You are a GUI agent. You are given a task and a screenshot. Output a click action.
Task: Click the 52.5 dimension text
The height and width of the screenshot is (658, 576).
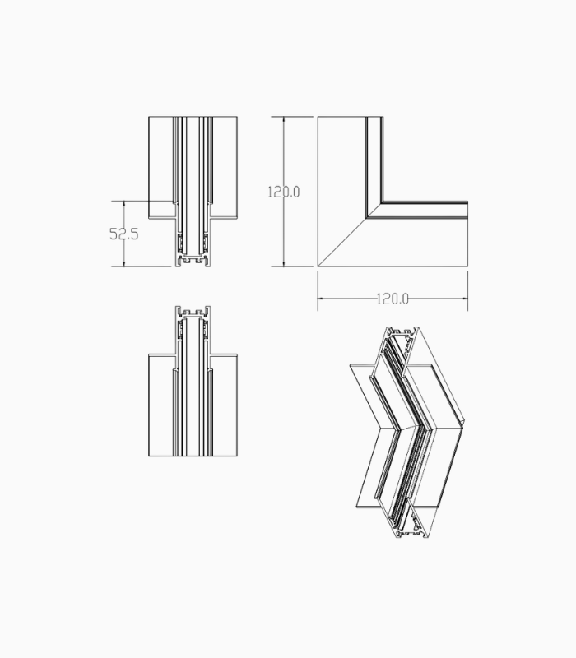point(124,234)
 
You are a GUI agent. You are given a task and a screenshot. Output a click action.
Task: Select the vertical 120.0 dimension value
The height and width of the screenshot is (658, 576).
point(283,192)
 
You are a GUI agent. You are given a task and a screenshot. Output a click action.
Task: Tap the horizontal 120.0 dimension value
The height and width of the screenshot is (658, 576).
point(393,299)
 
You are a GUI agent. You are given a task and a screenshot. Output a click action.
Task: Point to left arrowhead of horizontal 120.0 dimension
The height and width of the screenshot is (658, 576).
point(321,299)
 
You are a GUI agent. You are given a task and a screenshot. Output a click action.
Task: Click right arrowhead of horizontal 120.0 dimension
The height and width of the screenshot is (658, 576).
point(465,299)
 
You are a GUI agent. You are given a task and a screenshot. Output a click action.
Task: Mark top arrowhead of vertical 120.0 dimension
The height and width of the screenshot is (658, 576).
point(284,120)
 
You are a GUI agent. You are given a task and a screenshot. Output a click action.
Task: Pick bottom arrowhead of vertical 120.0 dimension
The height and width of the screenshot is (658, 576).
point(284,263)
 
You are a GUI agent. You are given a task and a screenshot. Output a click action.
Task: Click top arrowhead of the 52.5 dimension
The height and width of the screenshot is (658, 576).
point(124,203)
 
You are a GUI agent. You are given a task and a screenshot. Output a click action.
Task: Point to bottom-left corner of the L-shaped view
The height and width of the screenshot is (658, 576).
point(318,266)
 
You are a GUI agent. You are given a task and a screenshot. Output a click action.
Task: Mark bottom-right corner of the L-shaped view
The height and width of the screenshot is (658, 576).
point(467,266)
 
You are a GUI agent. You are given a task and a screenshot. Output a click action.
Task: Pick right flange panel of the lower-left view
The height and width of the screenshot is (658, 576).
point(225,407)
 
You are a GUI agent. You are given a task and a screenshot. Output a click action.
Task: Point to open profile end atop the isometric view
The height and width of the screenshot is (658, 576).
point(403,336)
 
